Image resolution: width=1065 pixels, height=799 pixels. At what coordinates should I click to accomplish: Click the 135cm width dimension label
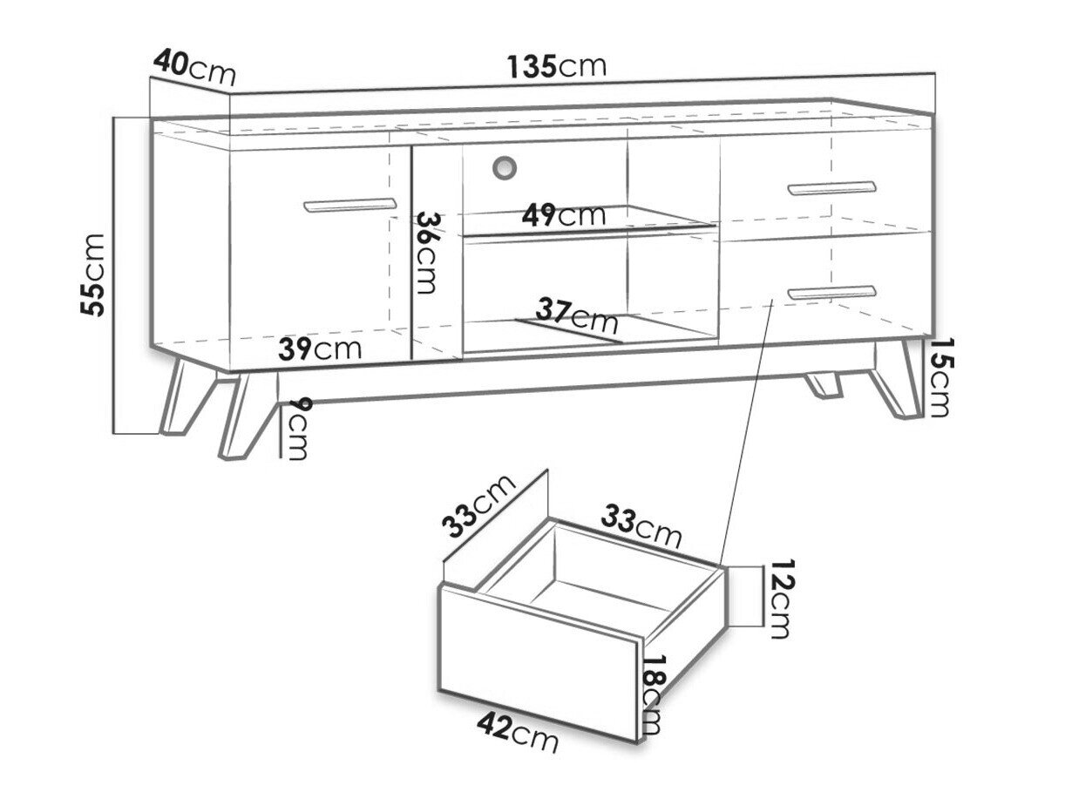point(557,66)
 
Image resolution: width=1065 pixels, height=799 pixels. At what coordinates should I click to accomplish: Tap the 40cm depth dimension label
point(194,68)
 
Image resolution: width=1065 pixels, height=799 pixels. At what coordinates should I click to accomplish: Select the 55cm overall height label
point(92,275)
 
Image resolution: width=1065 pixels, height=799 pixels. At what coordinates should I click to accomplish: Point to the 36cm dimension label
point(426,253)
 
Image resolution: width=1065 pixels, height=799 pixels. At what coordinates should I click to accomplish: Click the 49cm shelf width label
point(564,215)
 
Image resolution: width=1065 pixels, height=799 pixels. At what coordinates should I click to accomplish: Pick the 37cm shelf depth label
point(576,315)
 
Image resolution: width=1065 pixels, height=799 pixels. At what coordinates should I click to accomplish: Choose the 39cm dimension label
point(320,349)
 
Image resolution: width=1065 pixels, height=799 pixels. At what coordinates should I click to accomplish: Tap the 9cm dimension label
point(296,429)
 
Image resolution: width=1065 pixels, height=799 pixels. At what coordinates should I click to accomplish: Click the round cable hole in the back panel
point(505,167)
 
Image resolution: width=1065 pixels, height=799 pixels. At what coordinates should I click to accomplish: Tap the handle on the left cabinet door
point(349,205)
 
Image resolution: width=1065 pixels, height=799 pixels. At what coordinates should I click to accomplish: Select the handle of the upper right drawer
point(831,188)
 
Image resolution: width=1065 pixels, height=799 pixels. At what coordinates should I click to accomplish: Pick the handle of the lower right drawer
point(831,292)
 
